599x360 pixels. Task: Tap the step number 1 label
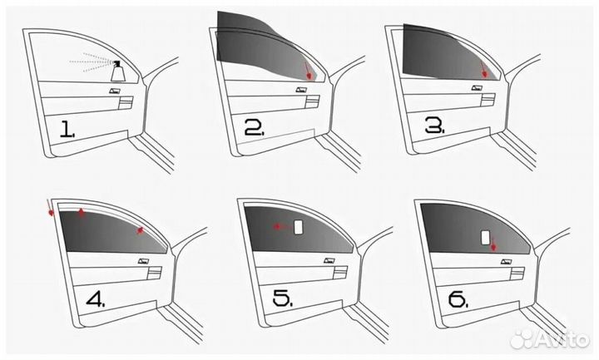[x=67, y=129]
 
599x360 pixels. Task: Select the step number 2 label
[x=254, y=128]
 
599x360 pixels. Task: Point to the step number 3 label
[x=435, y=125]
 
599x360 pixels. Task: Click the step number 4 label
[x=96, y=299]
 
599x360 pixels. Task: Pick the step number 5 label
[x=283, y=298]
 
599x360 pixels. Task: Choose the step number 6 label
[x=458, y=299]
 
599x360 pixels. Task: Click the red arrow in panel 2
[x=308, y=72]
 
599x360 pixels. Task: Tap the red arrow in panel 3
[x=483, y=70]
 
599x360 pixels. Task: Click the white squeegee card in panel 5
[x=299, y=227]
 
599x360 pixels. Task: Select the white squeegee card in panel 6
[x=485, y=238]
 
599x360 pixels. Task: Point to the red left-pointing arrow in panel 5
[x=282, y=227]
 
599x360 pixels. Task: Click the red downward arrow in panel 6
[x=493, y=244]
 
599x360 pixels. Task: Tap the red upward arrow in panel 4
[x=81, y=213]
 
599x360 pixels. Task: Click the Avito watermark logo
[x=549, y=338]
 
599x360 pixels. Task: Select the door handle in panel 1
[x=115, y=91]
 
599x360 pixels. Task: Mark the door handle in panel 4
[x=144, y=261]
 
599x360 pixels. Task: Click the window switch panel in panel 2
[x=312, y=101]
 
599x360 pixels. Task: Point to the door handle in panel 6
[x=507, y=262]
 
